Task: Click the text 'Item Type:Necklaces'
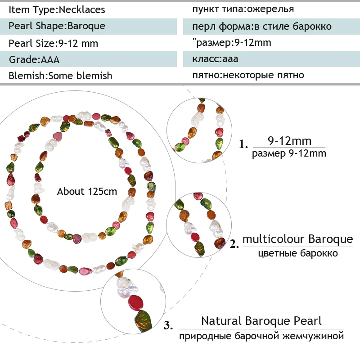[x=57, y=9]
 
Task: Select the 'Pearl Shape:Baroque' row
[x=57, y=26]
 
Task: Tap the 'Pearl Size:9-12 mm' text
[x=53, y=43]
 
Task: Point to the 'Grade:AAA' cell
[x=34, y=59]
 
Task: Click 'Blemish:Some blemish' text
[x=60, y=76]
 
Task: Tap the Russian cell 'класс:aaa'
[x=215, y=59]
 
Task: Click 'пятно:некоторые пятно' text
[x=248, y=75]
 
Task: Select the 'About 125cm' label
[x=87, y=191]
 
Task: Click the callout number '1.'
[x=243, y=145]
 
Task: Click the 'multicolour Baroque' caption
[x=297, y=238]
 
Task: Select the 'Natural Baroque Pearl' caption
[x=261, y=321]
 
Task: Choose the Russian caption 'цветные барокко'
[x=297, y=253]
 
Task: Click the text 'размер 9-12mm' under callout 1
[x=289, y=153]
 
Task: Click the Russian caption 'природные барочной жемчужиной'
[x=261, y=336]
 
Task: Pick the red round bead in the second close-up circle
[x=195, y=237]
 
